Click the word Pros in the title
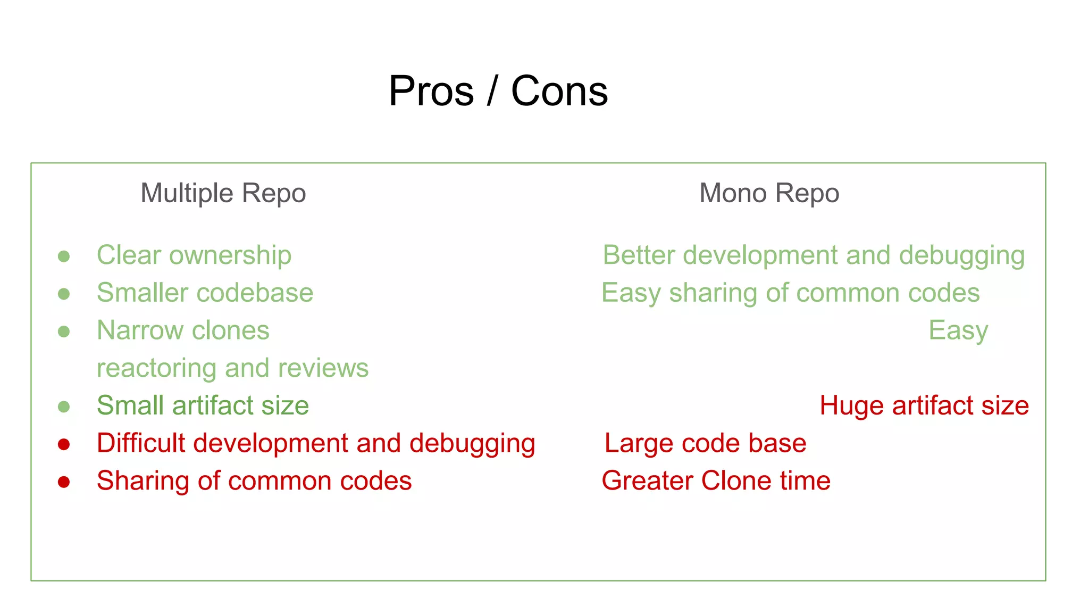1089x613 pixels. [431, 91]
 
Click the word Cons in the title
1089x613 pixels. [559, 91]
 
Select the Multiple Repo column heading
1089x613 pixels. [223, 193]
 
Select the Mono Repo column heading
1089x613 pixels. [769, 193]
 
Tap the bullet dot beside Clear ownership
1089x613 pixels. [64, 256]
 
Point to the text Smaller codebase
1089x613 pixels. [205, 293]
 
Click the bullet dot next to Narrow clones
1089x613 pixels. [64, 332]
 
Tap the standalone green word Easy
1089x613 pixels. [958, 331]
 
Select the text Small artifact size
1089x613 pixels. [203, 405]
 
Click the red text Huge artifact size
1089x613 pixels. [924, 405]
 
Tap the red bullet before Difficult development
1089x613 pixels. [64, 444]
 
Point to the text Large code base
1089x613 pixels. [705, 443]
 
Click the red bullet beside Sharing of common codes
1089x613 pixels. [64, 482]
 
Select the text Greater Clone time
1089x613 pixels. [716, 481]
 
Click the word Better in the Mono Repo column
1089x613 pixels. [639, 255]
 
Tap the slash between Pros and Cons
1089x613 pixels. [492, 91]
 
